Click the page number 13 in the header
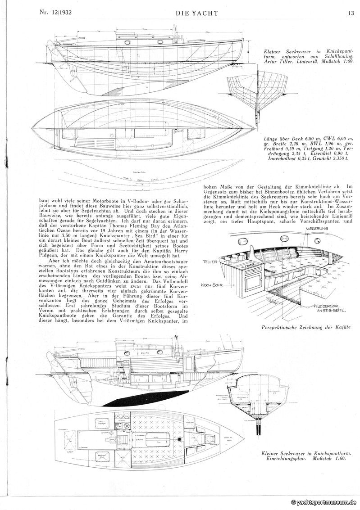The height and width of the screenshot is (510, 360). point(351,13)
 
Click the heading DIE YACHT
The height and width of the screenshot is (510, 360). point(197,14)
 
